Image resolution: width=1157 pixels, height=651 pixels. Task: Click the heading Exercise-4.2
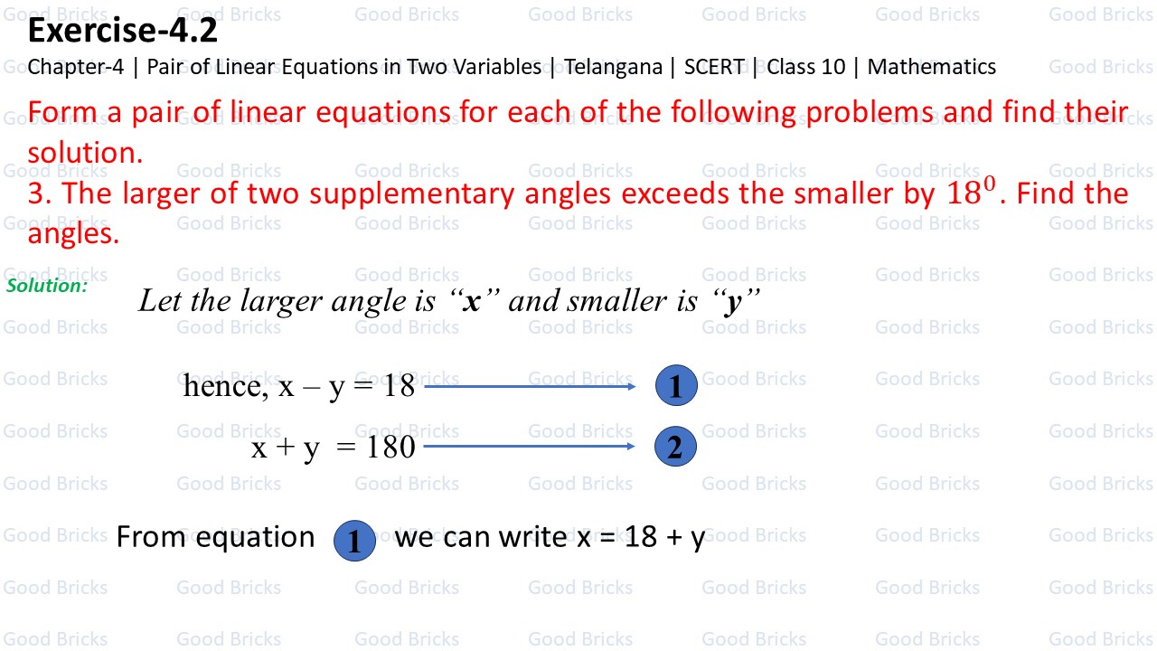(122, 32)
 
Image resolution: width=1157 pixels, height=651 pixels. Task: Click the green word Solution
(46, 286)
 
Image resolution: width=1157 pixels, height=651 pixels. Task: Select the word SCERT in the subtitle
(714, 67)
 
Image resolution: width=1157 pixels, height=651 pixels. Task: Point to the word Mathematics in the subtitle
(931, 67)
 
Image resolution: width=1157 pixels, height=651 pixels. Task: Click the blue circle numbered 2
(675, 447)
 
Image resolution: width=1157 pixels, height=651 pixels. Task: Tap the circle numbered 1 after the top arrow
(676, 387)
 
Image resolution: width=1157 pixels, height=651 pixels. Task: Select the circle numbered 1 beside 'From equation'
(354, 541)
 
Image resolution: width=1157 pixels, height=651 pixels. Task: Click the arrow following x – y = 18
(530, 387)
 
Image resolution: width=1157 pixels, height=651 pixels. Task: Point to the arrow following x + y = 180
(530, 446)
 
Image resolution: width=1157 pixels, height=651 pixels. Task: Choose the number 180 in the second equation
(390, 447)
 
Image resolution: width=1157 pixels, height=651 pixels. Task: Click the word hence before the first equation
(223, 387)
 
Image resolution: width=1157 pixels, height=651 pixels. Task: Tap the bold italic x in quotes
(471, 301)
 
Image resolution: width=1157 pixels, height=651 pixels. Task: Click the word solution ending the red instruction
(85, 153)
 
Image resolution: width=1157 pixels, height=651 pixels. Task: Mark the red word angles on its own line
(72, 234)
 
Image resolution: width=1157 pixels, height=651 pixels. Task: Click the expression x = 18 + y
(640, 537)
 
